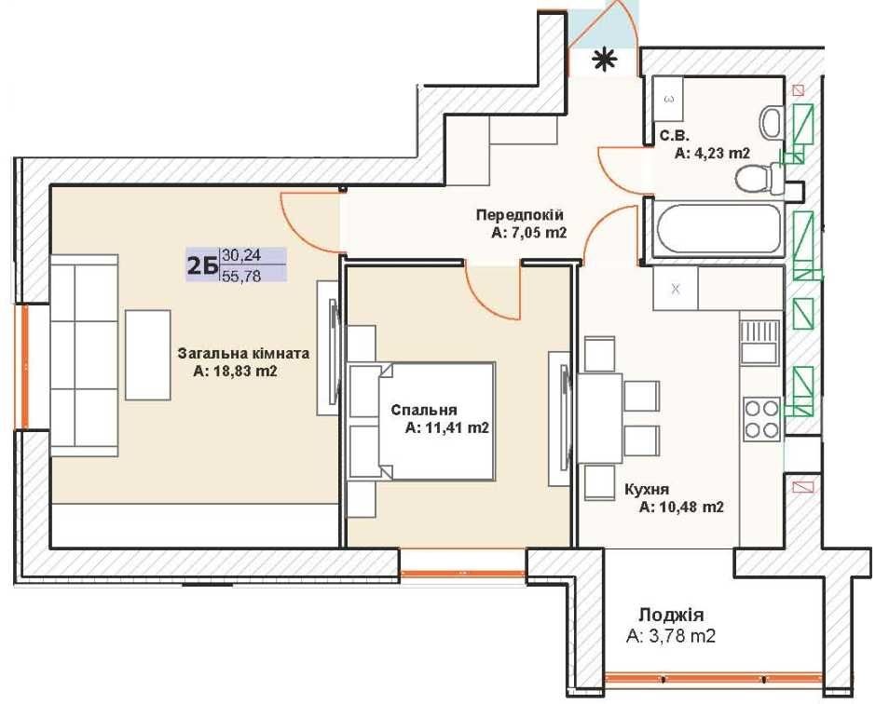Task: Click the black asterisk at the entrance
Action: click(605, 60)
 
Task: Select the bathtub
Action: click(717, 229)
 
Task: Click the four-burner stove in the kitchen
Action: click(762, 418)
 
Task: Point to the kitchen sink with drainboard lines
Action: click(759, 342)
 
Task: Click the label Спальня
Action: click(423, 410)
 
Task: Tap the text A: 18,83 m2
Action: click(235, 372)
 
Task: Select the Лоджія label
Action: click(671, 616)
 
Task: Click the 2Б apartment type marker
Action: click(203, 265)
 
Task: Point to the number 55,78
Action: click(242, 276)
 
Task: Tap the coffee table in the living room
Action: click(148, 355)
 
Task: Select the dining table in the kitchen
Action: click(600, 418)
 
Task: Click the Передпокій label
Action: click(520, 215)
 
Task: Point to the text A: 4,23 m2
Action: click(713, 153)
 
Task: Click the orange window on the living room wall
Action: click(24, 367)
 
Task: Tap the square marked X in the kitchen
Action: click(676, 289)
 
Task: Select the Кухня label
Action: click(647, 489)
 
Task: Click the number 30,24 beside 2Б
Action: click(242, 255)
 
